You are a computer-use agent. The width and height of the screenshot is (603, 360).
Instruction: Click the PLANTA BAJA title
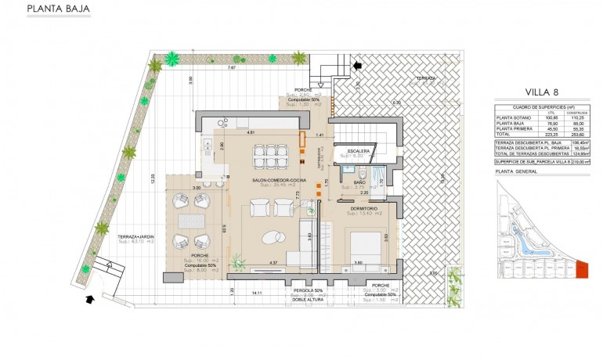tap(58, 10)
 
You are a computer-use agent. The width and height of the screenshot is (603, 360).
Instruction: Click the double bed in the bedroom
tap(364, 249)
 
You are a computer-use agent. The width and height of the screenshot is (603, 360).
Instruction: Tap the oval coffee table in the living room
tap(273, 239)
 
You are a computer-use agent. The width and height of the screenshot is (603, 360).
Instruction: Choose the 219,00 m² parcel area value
tap(580, 162)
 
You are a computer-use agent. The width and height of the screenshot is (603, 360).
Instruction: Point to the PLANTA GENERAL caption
tap(517, 171)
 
